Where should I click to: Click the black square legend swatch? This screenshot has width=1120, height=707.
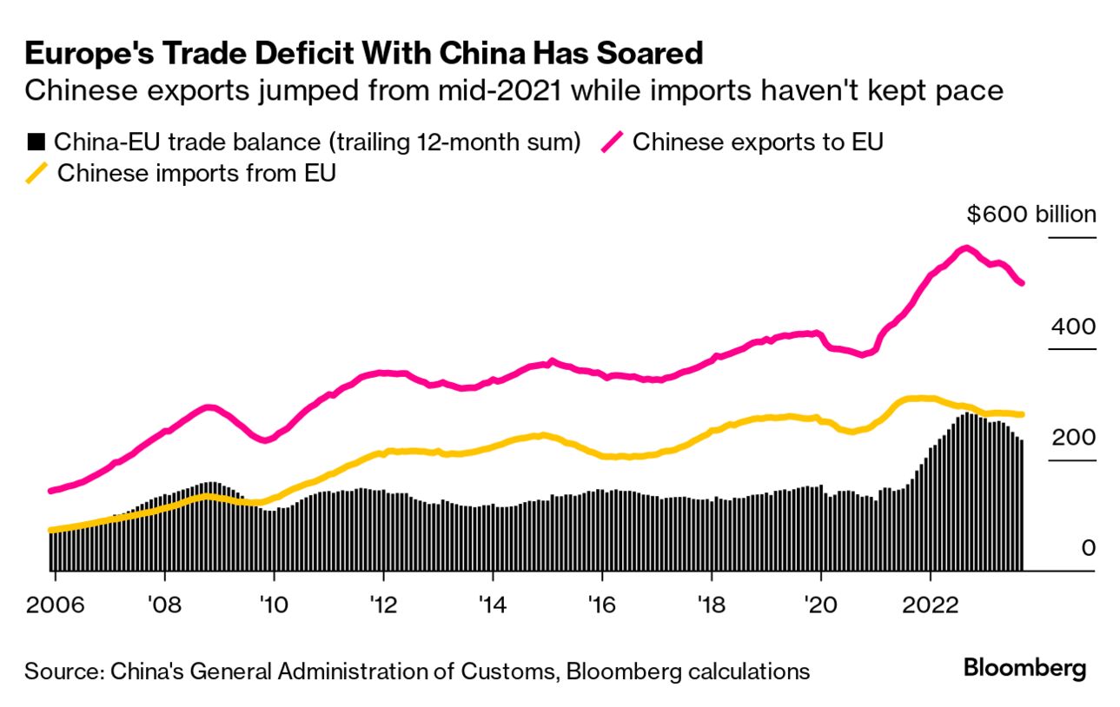[36, 142]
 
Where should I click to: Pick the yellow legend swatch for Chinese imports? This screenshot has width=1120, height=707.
[36, 173]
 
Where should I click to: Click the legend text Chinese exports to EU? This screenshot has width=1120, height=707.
[758, 142]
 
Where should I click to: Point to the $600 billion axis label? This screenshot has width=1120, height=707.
[1031, 215]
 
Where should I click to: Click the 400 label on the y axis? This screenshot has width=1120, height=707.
[1073, 327]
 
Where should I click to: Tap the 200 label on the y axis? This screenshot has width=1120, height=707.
[1073, 438]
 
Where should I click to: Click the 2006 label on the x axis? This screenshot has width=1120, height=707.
[55, 604]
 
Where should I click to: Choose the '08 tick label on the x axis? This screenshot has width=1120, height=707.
[164, 604]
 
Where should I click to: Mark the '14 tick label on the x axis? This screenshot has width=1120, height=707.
[493, 604]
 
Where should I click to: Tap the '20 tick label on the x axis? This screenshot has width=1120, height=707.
[821, 604]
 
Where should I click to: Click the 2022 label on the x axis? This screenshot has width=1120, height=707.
[931, 604]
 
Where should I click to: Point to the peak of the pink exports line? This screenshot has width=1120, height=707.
[964, 248]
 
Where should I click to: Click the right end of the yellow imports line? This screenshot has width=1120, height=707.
[1022, 414]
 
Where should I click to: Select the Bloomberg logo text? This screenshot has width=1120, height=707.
[1025, 669]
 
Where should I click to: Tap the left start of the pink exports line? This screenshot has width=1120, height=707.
[50, 491]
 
